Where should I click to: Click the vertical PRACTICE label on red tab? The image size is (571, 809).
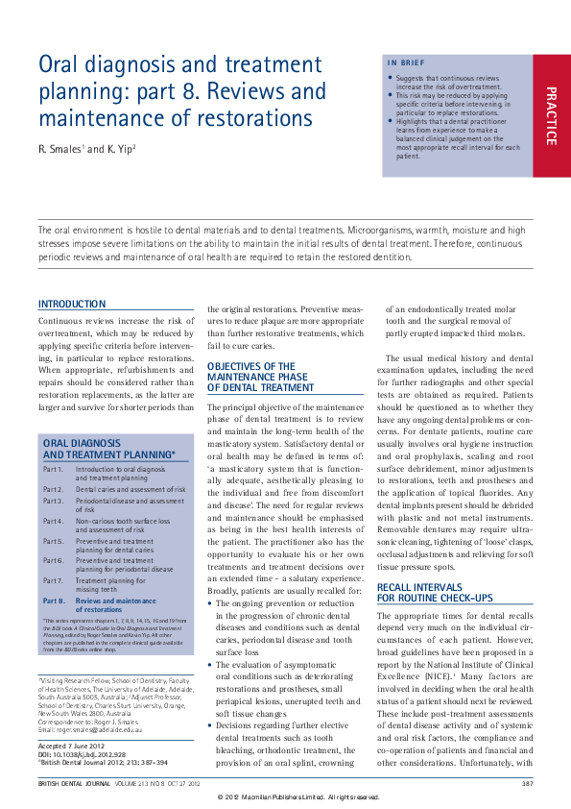tap(551, 116)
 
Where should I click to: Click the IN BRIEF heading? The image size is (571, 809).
tap(404, 63)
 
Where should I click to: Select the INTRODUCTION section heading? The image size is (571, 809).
tap(72, 304)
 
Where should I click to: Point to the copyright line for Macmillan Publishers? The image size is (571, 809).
tap(298, 797)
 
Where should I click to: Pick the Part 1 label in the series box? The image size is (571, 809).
tap(54, 469)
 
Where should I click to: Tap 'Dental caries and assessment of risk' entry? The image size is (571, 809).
tap(131, 489)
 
